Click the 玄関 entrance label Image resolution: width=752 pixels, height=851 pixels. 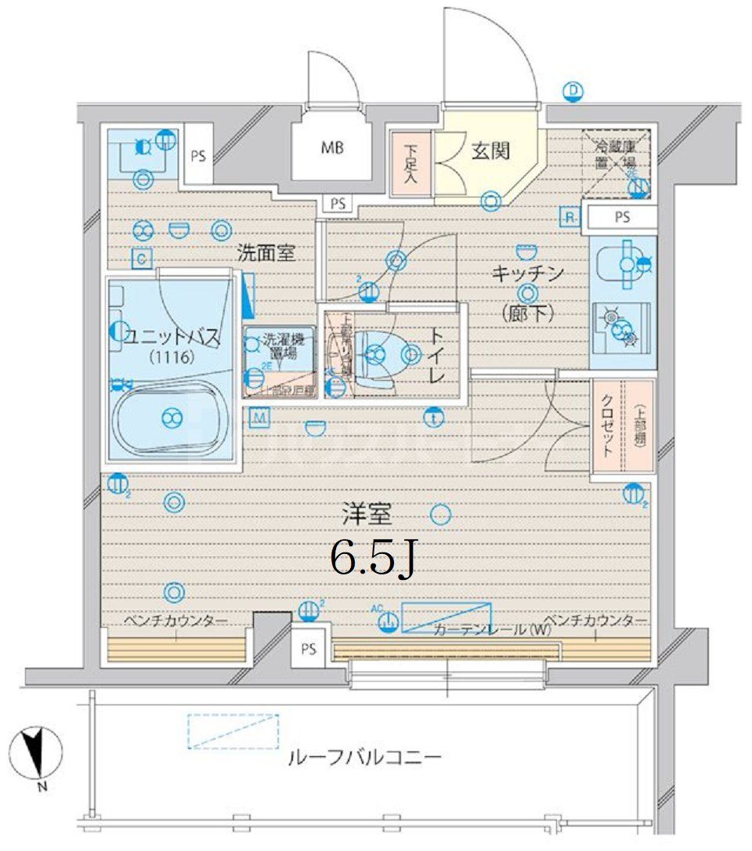coord(490,150)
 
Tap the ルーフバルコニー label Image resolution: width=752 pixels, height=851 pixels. coord(365,758)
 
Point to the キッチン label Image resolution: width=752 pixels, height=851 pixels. coord(528,273)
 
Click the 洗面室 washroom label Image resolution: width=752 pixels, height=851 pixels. coord(266,253)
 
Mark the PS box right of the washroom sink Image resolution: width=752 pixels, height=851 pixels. coord(197,155)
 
